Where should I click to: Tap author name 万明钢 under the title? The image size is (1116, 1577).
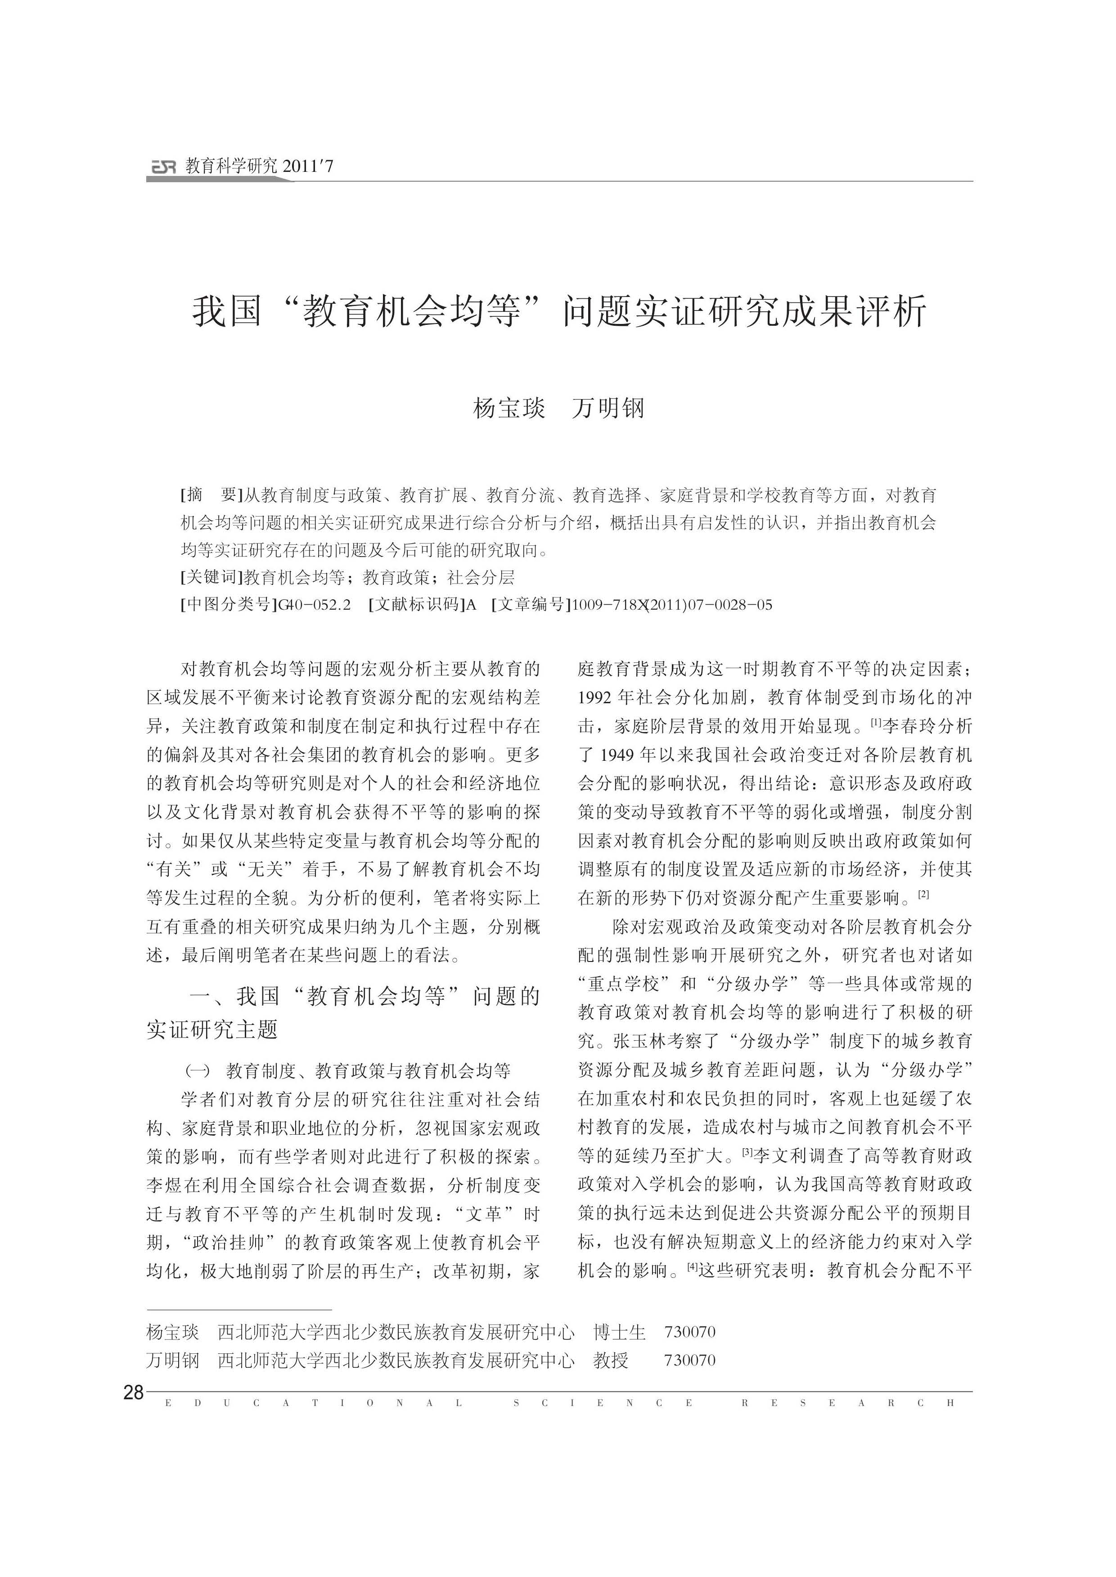pyautogui.click(x=608, y=409)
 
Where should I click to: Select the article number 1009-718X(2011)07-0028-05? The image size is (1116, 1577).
pyautogui.click(x=671, y=605)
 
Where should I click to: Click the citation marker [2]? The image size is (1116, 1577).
pyautogui.click(x=923, y=894)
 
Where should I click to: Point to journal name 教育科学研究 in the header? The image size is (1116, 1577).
pyautogui.click(x=231, y=166)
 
